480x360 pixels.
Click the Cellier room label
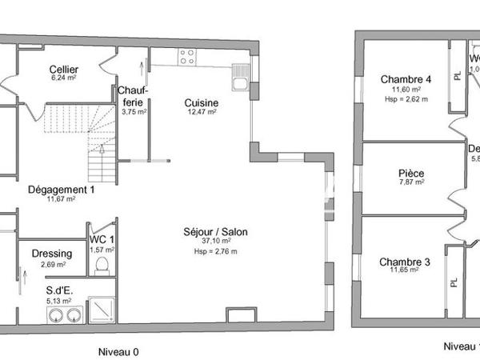click(x=63, y=70)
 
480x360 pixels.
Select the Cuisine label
click(x=201, y=103)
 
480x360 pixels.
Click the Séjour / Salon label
click(x=216, y=232)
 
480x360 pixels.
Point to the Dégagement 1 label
click(x=62, y=190)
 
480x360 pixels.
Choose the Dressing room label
click(x=52, y=254)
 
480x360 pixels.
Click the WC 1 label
click(x=102, y=240)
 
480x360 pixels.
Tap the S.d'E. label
click(x=60, y=290)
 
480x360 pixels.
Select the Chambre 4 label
click(x=406, y=79)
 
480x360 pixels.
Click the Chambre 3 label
click(x=405, y=262)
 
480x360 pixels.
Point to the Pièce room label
click(x=411, y=174)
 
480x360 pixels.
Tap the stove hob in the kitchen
click(x=187, y=56)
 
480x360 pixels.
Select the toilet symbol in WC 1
click(x=102, y=265)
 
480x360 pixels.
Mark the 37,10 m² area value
click(x=216, y=241)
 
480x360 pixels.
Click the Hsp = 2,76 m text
click(x=216, y=250)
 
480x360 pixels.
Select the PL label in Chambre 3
click(x=454, y=282)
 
